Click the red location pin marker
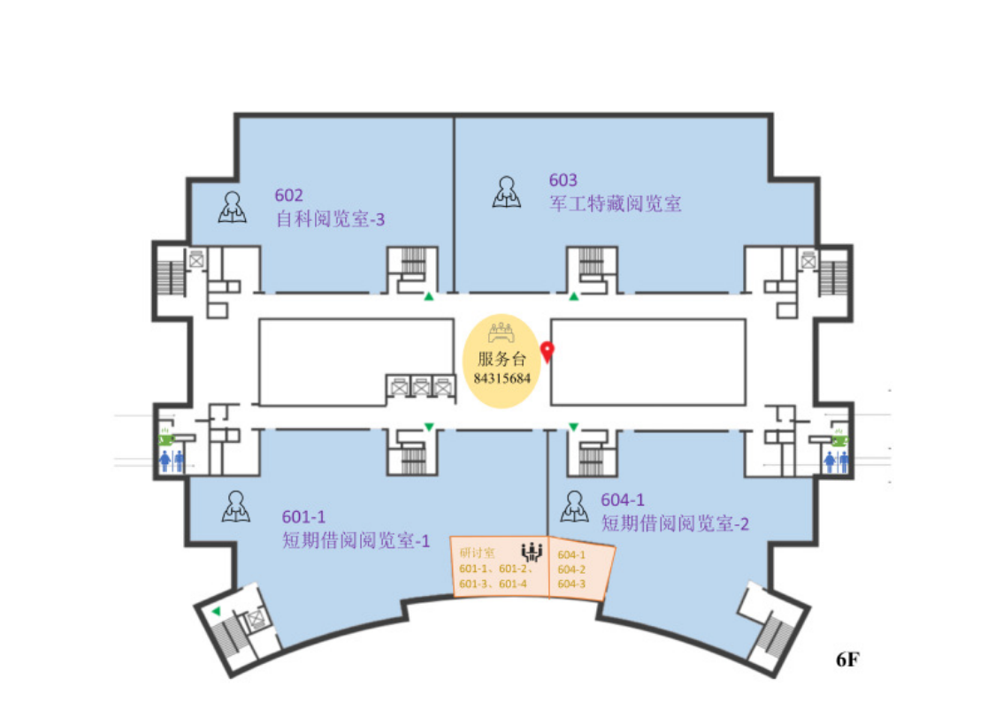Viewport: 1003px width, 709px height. click(x=547, y=352)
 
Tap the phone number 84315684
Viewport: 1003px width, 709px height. click(x=501, y=377)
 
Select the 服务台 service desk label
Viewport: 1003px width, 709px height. click(x=501, y=359)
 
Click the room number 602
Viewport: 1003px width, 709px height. click(x=290, y=195)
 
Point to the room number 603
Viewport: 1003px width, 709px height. click(x=563, y=181)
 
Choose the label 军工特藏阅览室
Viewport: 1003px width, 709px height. click(x=616, y=204)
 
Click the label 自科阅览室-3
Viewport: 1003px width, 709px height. click(x=330, y=218)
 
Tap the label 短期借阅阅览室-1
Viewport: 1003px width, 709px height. click(x=356, y=540)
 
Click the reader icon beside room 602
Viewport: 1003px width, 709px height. click(x=233, y=208)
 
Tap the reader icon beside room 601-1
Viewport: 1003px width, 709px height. click(x=235, y=507)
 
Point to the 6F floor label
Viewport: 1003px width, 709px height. click(x=848, y=659)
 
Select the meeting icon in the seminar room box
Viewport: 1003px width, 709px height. click(x=532, y=552)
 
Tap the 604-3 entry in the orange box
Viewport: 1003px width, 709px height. click(x=571, y=583)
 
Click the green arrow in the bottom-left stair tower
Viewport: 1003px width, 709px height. click(x=216, y=611)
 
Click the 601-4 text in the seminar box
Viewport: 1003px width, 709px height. click(x=513, y=583)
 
